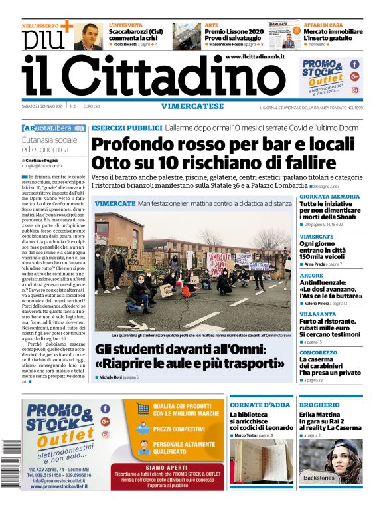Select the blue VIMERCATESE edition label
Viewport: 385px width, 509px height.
[x=192, y=106]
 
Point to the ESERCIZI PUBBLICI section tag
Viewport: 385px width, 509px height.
[x=126, y=127]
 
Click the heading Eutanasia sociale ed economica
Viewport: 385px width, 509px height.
[x=50, y=145]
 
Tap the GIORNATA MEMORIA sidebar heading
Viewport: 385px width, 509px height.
[x=329, y=197]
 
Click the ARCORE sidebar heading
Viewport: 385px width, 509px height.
[x=311, y=275]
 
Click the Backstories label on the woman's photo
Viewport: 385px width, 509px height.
[x=319, y=477]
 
